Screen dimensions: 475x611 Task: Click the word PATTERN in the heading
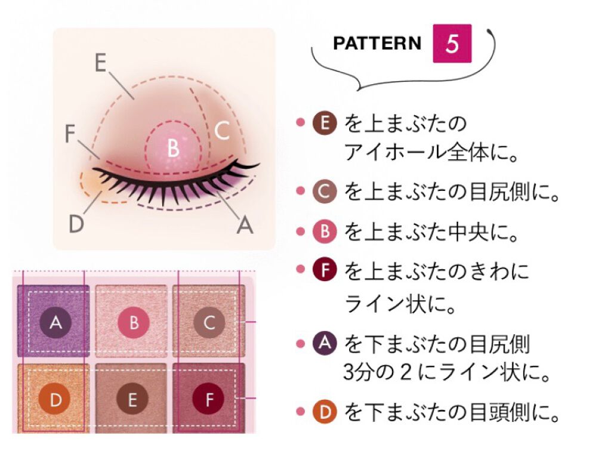click(x=377, y=44)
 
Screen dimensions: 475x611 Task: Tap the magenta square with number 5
click(x=452, y=44)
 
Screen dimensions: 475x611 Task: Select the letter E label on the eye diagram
click(x=101, y=63)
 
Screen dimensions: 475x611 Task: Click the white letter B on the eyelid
click(x=173, y=148)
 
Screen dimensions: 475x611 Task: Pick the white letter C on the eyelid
click(x=222, y=131)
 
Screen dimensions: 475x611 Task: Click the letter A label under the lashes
click(x=245, y=225)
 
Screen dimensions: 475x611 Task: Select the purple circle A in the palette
click(x=55, y=323)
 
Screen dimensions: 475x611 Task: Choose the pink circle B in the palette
click(x=134, y=323)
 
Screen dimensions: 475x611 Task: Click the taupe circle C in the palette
click(x=209, y=323)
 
